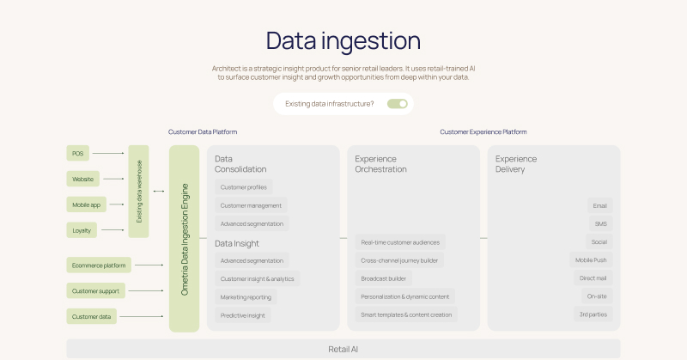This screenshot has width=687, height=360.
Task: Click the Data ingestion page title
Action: (343, 40)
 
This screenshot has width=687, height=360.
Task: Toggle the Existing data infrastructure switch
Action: (397, 104)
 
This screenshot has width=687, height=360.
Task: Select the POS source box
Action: (78, 153)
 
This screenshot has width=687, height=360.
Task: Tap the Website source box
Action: (82, 179)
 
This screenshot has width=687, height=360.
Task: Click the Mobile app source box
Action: (86, 204)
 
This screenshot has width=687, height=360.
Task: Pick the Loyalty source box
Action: (82, 229)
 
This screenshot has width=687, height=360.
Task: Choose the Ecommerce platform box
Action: (99, 265)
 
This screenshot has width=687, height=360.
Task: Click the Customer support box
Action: (96, 290)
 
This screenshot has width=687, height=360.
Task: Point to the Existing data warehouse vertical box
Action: (139, 192)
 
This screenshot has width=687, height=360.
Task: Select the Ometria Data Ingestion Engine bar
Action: (185, 239)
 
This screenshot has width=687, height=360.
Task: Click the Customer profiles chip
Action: (244, 187)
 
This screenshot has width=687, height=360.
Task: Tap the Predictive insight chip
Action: (244, 315)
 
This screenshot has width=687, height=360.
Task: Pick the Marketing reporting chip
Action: (246, 297)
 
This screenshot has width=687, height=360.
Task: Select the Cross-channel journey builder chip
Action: (399, 260)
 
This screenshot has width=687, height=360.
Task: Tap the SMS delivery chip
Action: (600, 223)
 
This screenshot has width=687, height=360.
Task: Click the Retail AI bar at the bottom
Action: (343, 349)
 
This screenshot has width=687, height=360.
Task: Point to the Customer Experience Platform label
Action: (483, 132)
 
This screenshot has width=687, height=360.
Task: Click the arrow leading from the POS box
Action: (108, 153)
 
